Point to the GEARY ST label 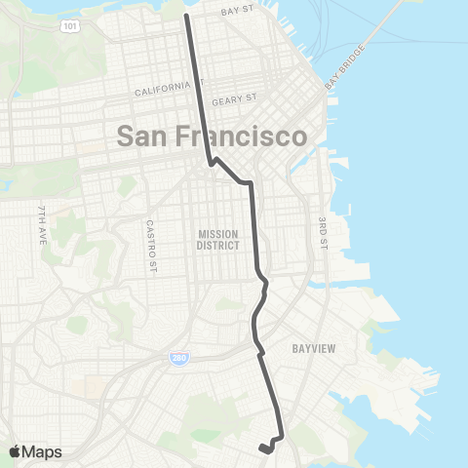(x=239, y=98)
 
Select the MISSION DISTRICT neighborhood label (x=218, y=240)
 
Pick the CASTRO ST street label (x=150, y=239)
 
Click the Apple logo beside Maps (x=15, y=450)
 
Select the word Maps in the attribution (x=42, y=451)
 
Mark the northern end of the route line (x=186, y=15)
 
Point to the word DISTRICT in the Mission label (x=218, y=246)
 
